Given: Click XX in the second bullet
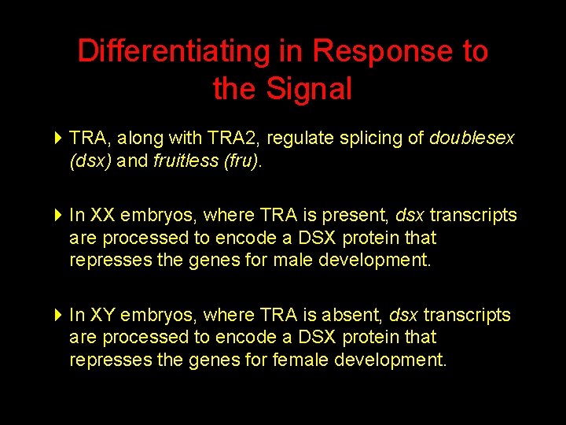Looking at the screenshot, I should [101, 216].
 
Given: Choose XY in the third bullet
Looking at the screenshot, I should [101, 316].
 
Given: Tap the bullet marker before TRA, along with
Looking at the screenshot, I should [58, 139].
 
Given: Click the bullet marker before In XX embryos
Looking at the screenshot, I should [58, 216].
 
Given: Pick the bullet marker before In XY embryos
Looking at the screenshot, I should [58, 316].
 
